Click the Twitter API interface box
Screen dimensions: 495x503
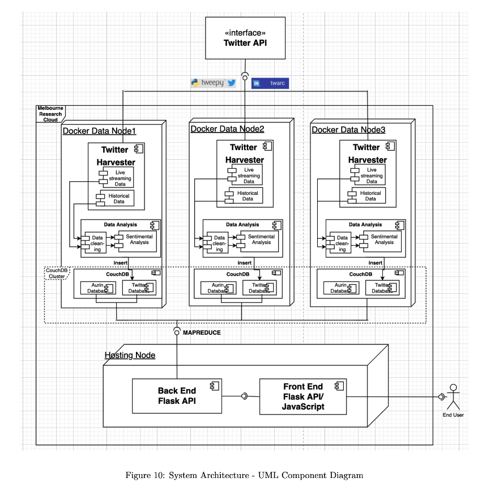coord(244,37)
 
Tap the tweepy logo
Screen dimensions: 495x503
coord(213,83)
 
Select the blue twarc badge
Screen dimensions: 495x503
coord(270,83)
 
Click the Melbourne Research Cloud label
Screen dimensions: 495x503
coord(50,114)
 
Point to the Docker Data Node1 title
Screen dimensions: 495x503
coord(99,131)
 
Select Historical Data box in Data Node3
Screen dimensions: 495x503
coord(370,196)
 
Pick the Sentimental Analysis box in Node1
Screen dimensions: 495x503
coord(138,240)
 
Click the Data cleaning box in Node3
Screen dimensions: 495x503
coord(342,242)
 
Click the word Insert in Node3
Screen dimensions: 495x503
coord(375,263)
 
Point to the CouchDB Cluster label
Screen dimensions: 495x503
coord(56,273)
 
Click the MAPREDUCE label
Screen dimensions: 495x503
coord(202,332)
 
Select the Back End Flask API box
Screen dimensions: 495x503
coord(177,395)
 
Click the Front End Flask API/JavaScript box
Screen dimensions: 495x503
coord(303,396)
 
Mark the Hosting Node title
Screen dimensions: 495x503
coord(130,355)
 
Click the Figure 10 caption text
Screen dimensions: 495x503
coord(244,475)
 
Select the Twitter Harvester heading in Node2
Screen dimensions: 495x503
coord(244,153)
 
